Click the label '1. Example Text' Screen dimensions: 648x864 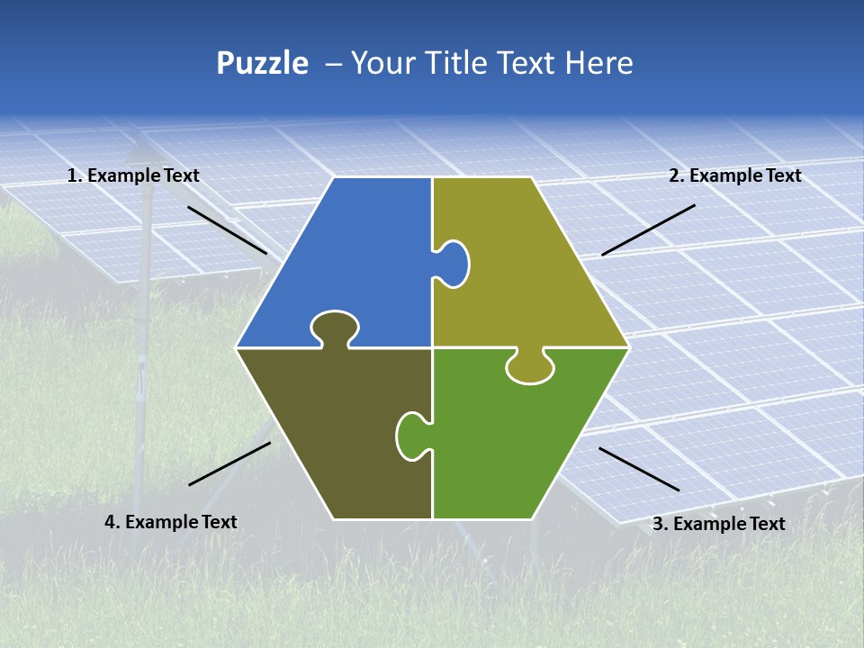pyautogui.click(x=133, y=176)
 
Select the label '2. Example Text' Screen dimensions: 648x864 pyautogui.click(x=734, y=176)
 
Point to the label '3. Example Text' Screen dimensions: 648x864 pyautogui.click(x=718, y=524)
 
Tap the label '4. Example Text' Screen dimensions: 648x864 pyautogui.click(x=171, y=522)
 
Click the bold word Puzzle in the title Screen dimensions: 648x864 pyautogui.click(x=262, y=63)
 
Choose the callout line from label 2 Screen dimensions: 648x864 pyautogui.click(x=648, y=229)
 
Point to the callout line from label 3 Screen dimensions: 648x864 pyautogui.click(x=639, y=469)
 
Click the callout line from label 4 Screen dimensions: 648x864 pyautogui.click(x=229, y=463)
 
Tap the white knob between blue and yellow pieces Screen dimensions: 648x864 pyautogui.click(x=454, y=263)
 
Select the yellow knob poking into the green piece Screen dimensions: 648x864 pyautogui.click(x=530, y=368)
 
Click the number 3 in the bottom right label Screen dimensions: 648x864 pyautogui.click(x=657, y=524)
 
